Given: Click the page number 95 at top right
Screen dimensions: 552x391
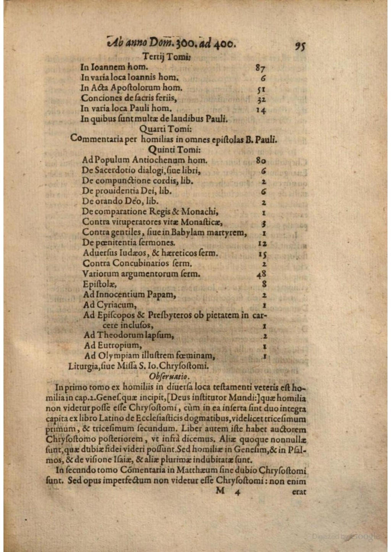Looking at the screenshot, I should click(x=300, y=46).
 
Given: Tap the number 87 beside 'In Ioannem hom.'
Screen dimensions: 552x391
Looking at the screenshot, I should click(x=260, y=68).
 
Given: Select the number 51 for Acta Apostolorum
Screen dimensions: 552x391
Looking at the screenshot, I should click(x=262, y=89).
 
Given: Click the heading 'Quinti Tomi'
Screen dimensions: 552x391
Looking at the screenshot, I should click(x=171, y=149).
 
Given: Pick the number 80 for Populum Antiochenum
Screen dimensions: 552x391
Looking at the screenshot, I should click(x=261, y=160).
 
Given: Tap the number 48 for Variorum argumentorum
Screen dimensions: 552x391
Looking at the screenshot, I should click(x=262, y=274).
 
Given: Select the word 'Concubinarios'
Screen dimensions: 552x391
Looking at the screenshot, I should click(x=141, y=263).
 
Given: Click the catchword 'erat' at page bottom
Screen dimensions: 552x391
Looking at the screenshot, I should click(x=299, y=492).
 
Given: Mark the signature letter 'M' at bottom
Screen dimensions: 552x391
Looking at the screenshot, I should click(x=220, y=491).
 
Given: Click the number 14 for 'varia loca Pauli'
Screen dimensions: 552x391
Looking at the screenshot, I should click(x=261, y=110).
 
